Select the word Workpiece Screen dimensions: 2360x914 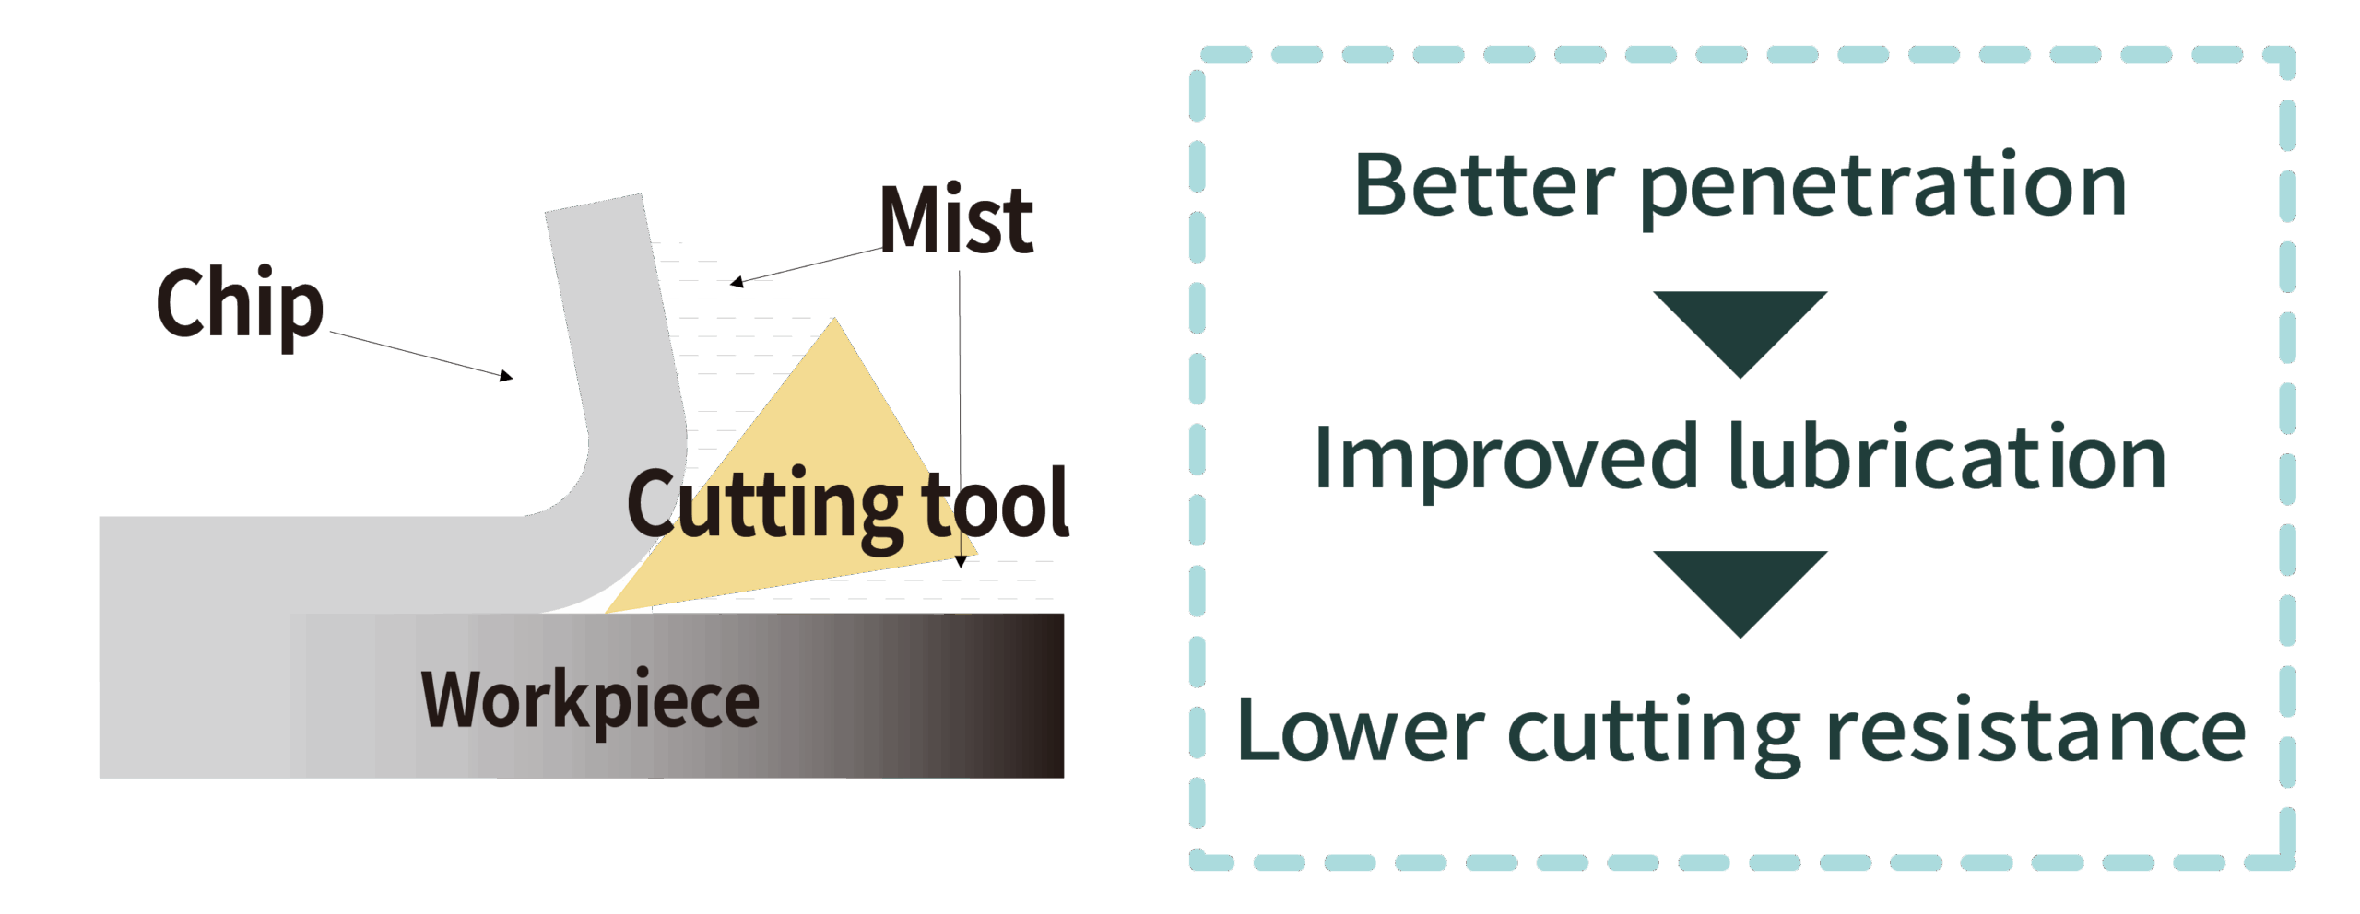(x=590, y=702)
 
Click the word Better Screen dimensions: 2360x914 (x=1484, y=185)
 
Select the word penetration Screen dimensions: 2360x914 (x=1883, y=190)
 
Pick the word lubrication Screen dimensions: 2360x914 (x=1947, y=455)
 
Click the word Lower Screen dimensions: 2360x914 (x=1361, y=731)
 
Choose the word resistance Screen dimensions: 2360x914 (x=2035, y=729)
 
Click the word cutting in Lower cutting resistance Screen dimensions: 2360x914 (x=1654, y=734)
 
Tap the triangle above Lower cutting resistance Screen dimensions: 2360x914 (x=1740, y=593)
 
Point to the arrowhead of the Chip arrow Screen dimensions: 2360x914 (x=507, y=376)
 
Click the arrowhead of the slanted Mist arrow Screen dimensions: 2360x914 (x=736, y=282)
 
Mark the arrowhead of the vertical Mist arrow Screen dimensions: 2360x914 (x=961, y=561)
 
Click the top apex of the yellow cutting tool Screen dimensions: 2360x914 (x=835, y=319)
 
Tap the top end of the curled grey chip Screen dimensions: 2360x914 (x=593, y=204)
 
